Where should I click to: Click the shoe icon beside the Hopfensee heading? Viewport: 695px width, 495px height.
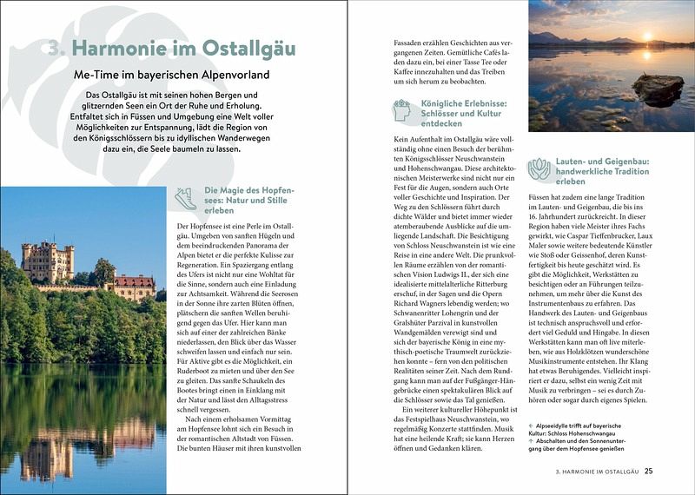[x=184, y=197]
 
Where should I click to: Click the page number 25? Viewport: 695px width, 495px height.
[x=648, y=472]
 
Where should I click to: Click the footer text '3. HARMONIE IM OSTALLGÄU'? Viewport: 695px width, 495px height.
[x=595, y=472]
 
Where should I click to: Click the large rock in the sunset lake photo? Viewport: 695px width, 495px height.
[x=657, y=89]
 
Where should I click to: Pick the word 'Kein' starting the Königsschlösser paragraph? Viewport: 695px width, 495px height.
[x=402, y=140]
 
